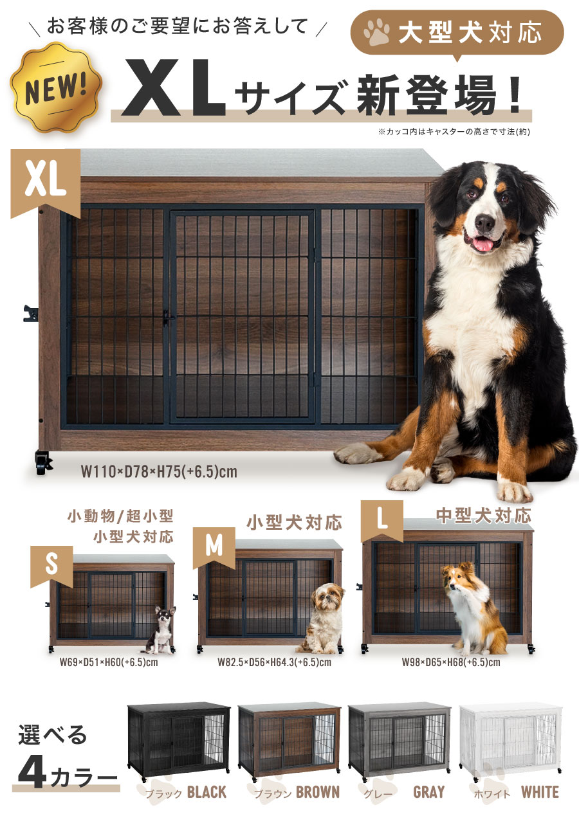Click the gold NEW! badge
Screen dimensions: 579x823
56,87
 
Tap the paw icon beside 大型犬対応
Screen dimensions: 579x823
376,33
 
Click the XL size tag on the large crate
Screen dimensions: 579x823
46,183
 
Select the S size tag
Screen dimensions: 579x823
51,566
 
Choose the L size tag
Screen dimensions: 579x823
382,521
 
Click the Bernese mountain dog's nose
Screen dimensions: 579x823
484,222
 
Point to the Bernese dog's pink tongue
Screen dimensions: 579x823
482,245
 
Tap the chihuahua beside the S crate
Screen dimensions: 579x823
160,629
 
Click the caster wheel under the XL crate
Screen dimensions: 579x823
43,462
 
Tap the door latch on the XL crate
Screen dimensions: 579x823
168,318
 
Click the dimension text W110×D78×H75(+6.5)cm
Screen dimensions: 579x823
159,472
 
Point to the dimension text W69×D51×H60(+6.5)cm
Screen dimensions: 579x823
109,662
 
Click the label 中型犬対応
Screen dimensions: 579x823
483,516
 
